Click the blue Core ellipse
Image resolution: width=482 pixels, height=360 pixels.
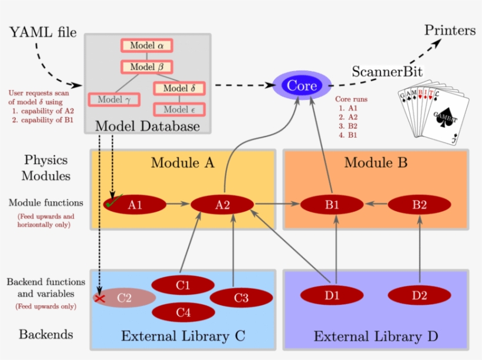pyautogui.click(x=302, y=86)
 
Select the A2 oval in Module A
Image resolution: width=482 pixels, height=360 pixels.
pyautogui.click(x=222, y=205)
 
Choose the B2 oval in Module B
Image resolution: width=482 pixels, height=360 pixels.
pyautogui.click(x=420, y=205)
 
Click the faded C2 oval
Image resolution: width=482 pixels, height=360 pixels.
pyautogui.click(x=125, y=298)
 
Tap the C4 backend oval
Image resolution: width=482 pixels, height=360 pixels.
pyautogui.click(x=183, y=313)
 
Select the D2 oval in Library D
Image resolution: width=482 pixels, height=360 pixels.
pyautogui.click(x=420, y=295)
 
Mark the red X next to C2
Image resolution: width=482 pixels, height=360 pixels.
pyautogui.click(x=101, y=299)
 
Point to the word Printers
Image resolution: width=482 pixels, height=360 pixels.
pyautogui.click(x=450, y=31)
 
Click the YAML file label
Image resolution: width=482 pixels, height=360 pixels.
pyautogui.click(x=43, y=32)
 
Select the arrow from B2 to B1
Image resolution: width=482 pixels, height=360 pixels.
pyautogui.click(x=376, y=205)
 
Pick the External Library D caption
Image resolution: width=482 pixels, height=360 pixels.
pyautogui.click(x=376, y=336)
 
